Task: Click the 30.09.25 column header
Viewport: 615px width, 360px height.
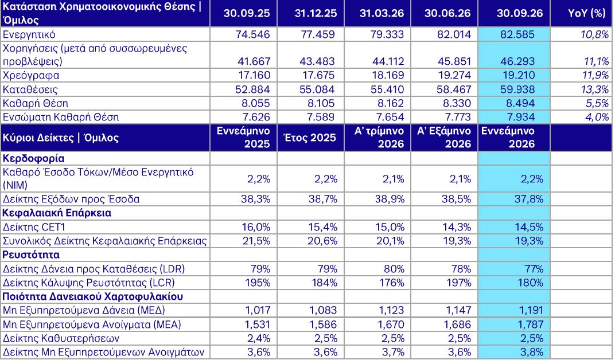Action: coord(247,13)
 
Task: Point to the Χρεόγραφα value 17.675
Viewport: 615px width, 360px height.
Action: coord(318,75)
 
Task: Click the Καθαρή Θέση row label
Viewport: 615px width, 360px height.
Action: coord(36,103)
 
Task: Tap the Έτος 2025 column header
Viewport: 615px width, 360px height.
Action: coord(310,138)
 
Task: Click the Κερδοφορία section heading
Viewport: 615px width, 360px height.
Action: coord(33,159)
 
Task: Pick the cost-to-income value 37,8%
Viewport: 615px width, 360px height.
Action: coord(529,199)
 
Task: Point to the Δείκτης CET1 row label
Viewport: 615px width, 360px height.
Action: coord(34,227)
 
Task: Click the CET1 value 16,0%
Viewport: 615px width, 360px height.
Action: coord(256,227)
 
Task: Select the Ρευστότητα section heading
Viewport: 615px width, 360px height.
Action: coord(31,255)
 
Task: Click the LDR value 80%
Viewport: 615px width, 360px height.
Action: coord(394,269)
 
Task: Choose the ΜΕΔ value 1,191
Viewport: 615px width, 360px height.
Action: coord(530,311)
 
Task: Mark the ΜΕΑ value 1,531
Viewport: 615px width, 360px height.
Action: coord(258,324)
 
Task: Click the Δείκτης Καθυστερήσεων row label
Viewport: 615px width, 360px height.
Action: coord(61,338)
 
